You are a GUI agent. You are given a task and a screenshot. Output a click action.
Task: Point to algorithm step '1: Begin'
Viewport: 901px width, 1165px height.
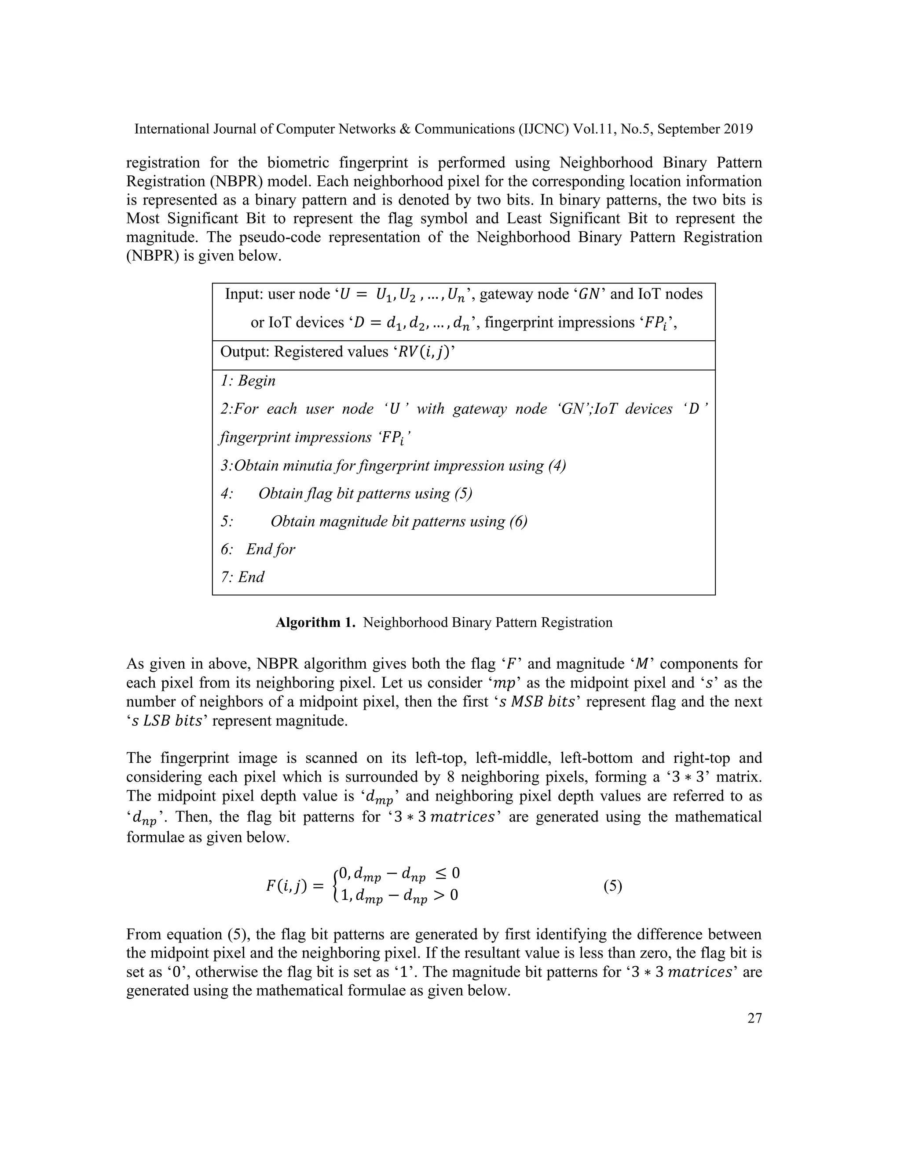point(248,381)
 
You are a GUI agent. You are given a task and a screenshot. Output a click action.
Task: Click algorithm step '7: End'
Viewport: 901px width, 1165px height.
point(242,577)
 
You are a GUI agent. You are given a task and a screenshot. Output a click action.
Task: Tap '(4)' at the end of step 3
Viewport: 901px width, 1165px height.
point(557,466)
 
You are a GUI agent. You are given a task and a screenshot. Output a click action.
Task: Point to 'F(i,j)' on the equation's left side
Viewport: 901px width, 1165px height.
point(287,887)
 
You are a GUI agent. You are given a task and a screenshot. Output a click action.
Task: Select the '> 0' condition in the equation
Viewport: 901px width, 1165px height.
point(445,895)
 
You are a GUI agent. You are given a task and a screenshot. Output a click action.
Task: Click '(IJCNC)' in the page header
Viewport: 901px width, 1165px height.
point(543,129)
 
